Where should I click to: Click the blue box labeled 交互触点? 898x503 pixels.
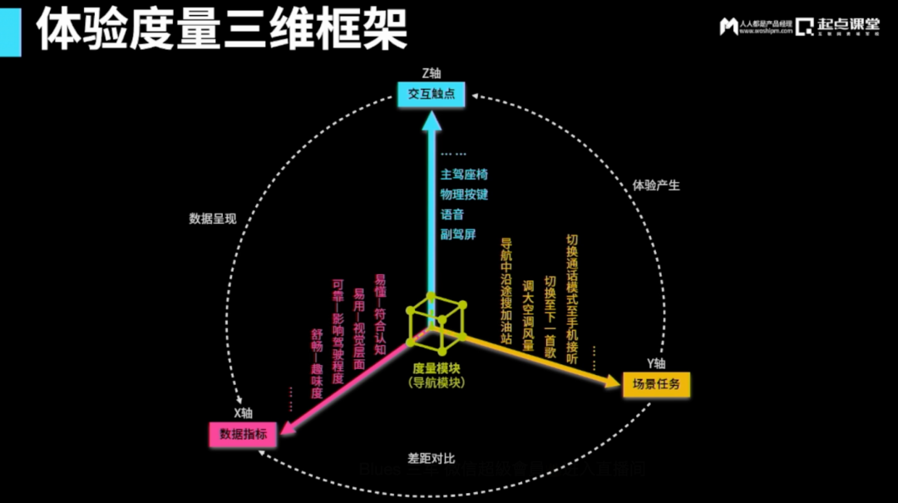(x=431, y=95)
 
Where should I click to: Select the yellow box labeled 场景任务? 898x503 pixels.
(x=656, y=384)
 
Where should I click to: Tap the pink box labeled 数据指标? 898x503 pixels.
(x=243, y=434)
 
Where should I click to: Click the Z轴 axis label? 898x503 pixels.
(x=431, y=73)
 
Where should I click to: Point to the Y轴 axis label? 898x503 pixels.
(x=655, y=363)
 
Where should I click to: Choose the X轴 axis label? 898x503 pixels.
(x=242, y=413)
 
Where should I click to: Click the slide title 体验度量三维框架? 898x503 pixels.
(x=222, y=29)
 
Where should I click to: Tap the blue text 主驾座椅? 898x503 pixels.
(x=464, y=175)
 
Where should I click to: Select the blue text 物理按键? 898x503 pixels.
(x=464, y=195)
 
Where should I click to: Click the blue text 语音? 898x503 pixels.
(x=452, y=215)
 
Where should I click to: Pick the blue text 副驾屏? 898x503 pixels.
(x=458, y=234)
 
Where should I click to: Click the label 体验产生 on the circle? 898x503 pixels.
(x=656, y=185)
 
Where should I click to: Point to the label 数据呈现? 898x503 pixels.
(x=213, y=219)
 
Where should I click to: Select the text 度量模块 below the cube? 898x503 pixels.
(x=437, y=367)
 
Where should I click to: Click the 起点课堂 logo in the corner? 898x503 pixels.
(x=837, y=26)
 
